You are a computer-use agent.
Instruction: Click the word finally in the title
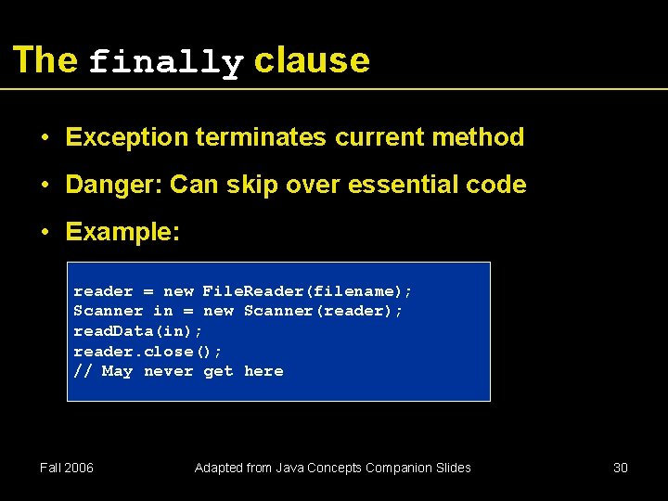[x=166, y=63]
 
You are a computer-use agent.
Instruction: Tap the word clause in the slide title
[x=312, y=60]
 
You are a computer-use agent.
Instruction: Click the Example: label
[x=122, y=232]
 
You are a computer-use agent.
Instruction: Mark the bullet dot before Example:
[x=45, y=232]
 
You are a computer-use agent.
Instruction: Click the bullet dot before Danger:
[x=45, y=185]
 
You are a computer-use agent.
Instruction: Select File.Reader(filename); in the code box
[x=307, y=291]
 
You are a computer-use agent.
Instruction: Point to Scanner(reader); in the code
[x=323, y=311]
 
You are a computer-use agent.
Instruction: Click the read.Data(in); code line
[x=138, y=331]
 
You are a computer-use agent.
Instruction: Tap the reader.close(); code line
[x=148, y=351]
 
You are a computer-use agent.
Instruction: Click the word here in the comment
[x=263, y=371]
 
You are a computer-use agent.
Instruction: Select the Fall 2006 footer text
[x=67, y=468]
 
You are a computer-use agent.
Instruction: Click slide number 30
[x=621, y=468]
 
